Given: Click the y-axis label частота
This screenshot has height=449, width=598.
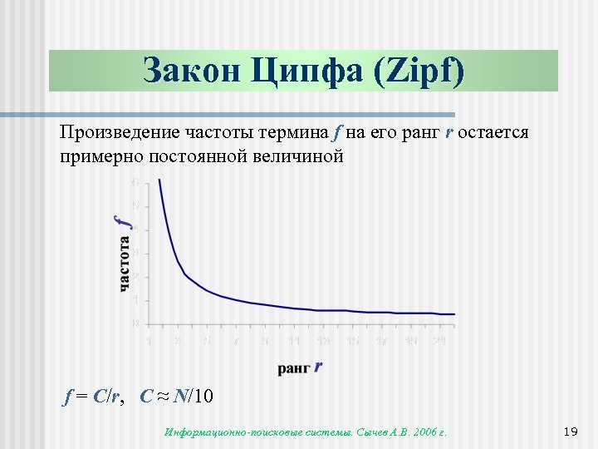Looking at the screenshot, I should click(125, 264).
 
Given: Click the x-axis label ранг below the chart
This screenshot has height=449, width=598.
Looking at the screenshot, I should click(294, 368).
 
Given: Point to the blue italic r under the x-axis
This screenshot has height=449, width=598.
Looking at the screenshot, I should click(319, 365).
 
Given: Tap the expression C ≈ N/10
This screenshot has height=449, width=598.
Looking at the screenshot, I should click(177, 397).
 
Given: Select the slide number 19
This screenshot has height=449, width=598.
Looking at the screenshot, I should click(570, 432).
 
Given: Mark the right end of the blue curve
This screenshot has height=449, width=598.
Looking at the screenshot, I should click(454, 314).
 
